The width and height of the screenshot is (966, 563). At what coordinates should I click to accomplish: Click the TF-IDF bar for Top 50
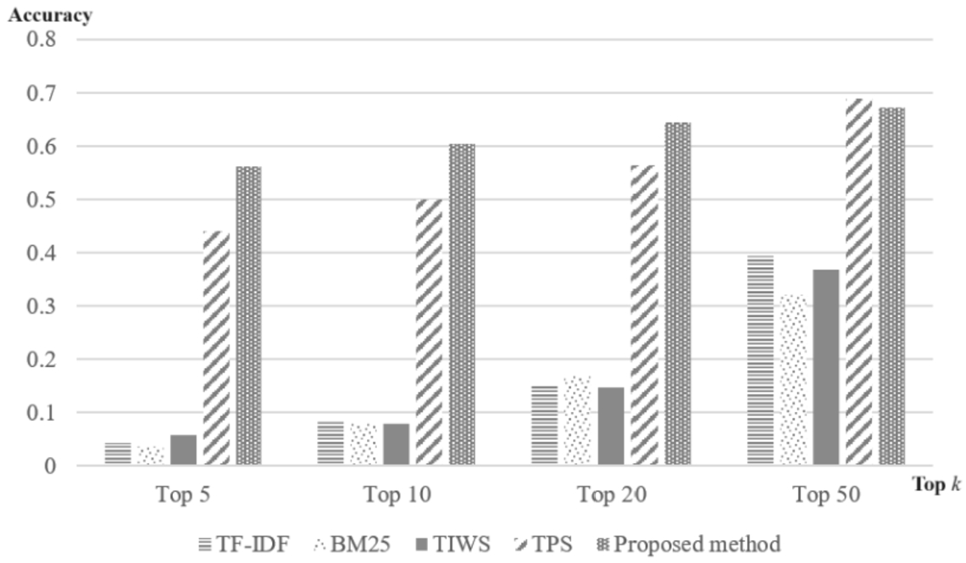point(761,360)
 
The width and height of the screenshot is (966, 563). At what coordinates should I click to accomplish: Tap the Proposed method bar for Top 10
point(462,304)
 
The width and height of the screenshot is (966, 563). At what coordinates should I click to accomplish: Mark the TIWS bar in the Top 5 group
point(183,449)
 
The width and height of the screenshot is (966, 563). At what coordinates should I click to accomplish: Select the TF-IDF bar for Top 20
point(544,425)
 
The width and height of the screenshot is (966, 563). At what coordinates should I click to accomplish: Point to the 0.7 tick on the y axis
point(44,93)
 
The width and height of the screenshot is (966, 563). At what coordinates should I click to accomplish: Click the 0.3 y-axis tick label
point(44,306)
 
